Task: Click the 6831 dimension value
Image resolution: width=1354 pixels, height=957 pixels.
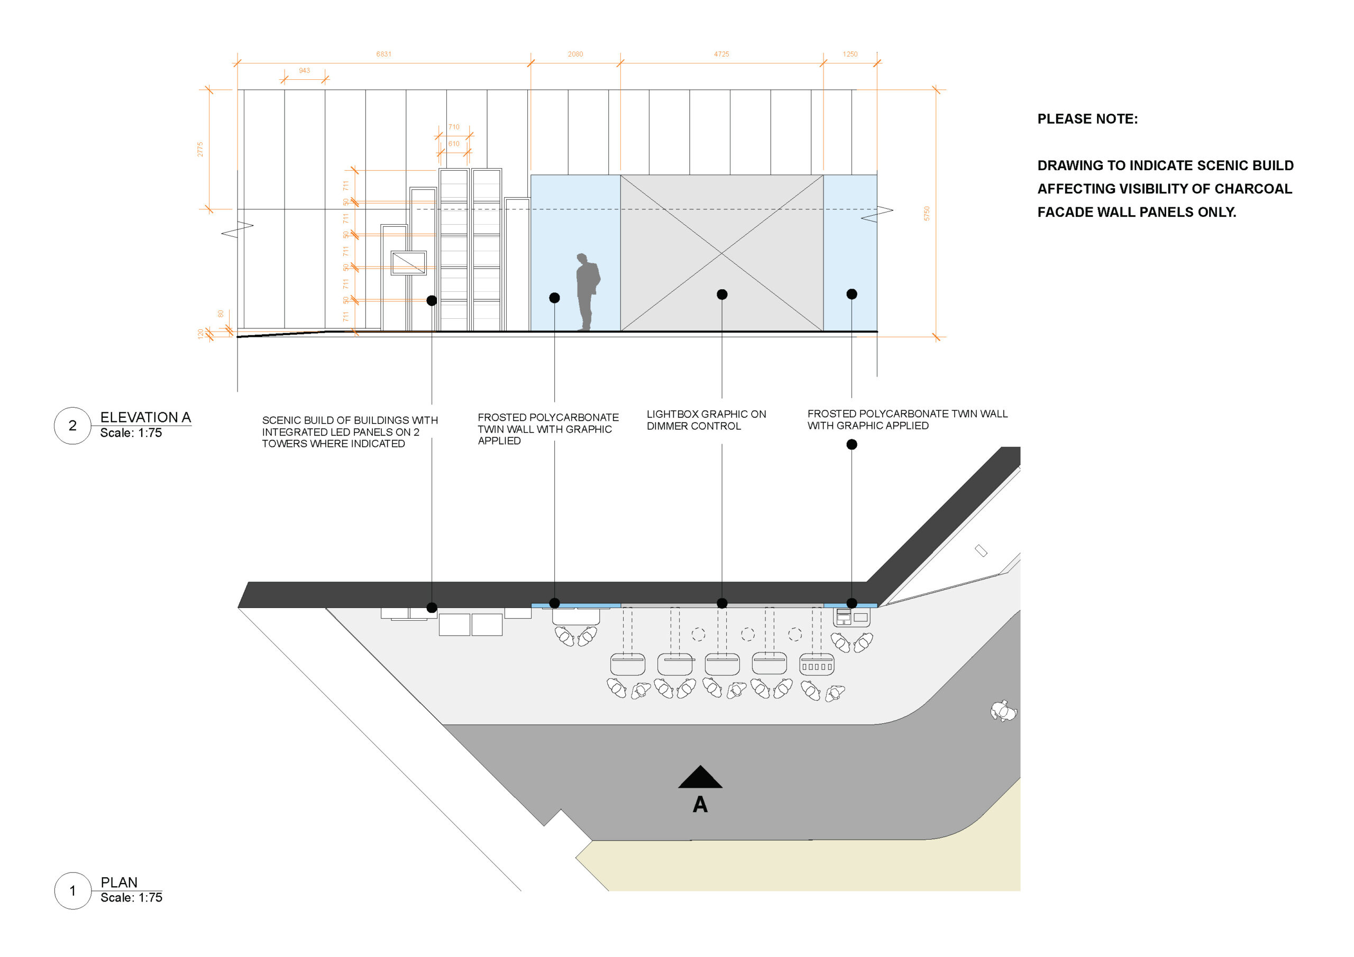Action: [383, 54]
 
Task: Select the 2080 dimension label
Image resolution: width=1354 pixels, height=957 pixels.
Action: [575, 54]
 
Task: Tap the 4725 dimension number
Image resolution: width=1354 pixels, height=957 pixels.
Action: [721, 54]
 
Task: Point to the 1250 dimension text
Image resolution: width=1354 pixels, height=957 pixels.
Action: [850, 54]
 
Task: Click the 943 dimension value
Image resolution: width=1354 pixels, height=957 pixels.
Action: [304, 71]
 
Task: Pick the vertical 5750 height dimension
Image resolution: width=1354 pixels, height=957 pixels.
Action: [927, 214]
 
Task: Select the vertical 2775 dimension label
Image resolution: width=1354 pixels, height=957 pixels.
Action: [200, 149]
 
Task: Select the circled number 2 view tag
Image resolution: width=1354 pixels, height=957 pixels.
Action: [72, 426]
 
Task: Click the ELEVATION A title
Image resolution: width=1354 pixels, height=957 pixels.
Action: [145, 418]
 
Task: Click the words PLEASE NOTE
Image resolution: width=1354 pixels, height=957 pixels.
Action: [1087, 119]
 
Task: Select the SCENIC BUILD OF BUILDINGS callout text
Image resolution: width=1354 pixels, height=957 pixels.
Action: [350, 432]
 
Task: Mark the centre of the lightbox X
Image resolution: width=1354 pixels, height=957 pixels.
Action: [722, 254]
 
